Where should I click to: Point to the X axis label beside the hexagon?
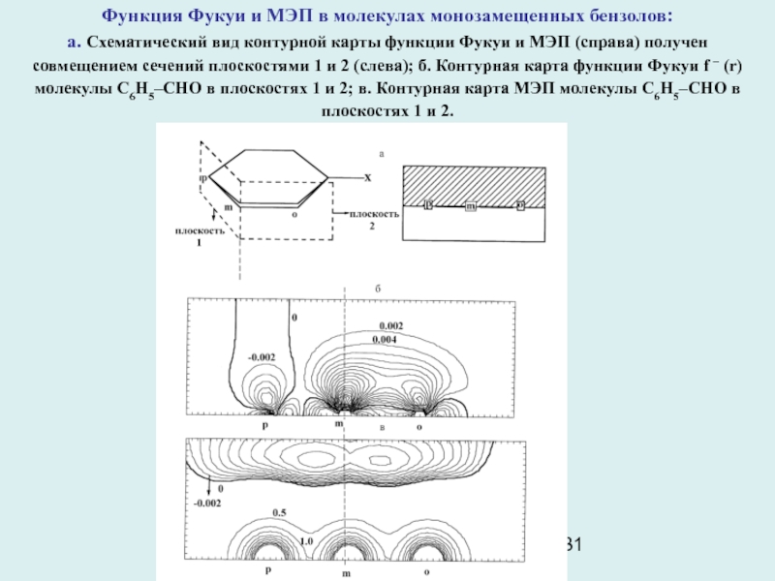[x=368, y=177]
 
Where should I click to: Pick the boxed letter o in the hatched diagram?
[x=520, y=205]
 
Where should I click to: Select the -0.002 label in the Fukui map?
[x=262, y=356]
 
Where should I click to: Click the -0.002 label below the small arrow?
[x=207, y=504]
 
